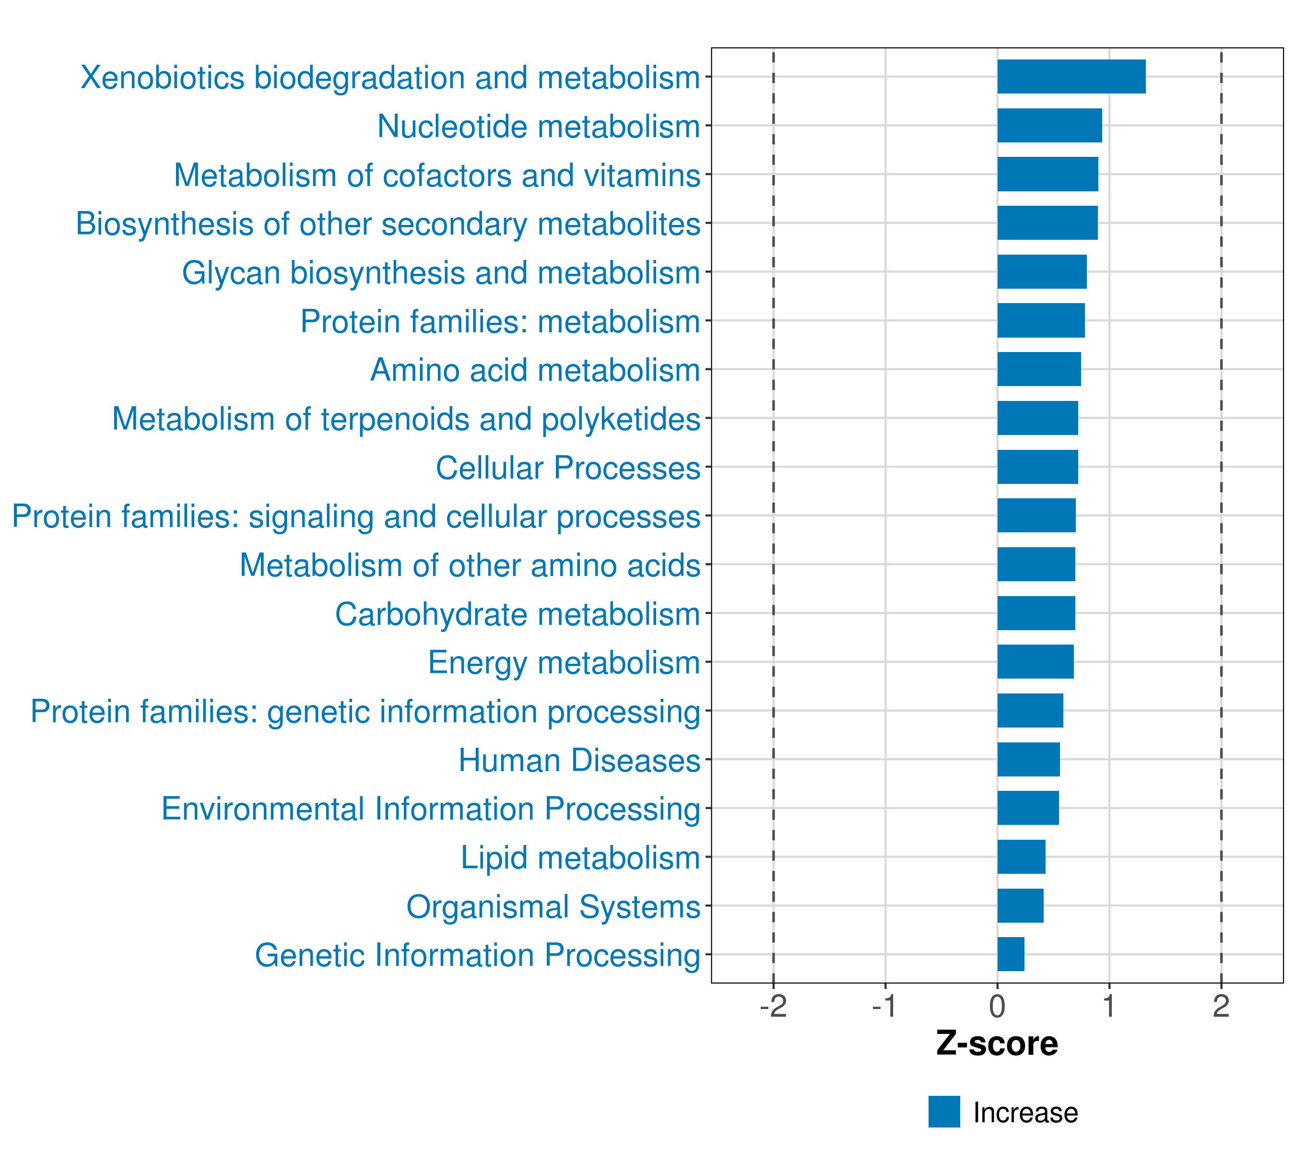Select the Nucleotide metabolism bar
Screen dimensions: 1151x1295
pos(1049,126)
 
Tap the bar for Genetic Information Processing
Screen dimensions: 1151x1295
pos(1011,954)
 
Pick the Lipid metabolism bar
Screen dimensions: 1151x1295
pos(1021,857)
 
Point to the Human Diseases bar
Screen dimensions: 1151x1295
pos(1028,759)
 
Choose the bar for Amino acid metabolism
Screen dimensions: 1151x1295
pos(1038,369)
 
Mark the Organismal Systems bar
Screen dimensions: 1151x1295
pos(1020,905)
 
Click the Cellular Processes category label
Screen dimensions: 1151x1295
pos(568,468)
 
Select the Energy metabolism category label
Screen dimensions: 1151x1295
pos(564,663)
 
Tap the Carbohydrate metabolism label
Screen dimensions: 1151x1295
pos(517,614)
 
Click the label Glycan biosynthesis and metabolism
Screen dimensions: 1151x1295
pos(441,273)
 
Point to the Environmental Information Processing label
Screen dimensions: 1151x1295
pos(431,809)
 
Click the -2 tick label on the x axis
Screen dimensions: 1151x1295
pos(773,1006)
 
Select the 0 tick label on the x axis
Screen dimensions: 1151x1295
pos(997,1006)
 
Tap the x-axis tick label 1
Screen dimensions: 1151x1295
pos(1109,1006)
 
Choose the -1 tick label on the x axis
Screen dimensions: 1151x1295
pos(884,1006)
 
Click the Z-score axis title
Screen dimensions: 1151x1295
pos(997,1043)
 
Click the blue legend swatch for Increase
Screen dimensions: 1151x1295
pos(944,1112)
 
